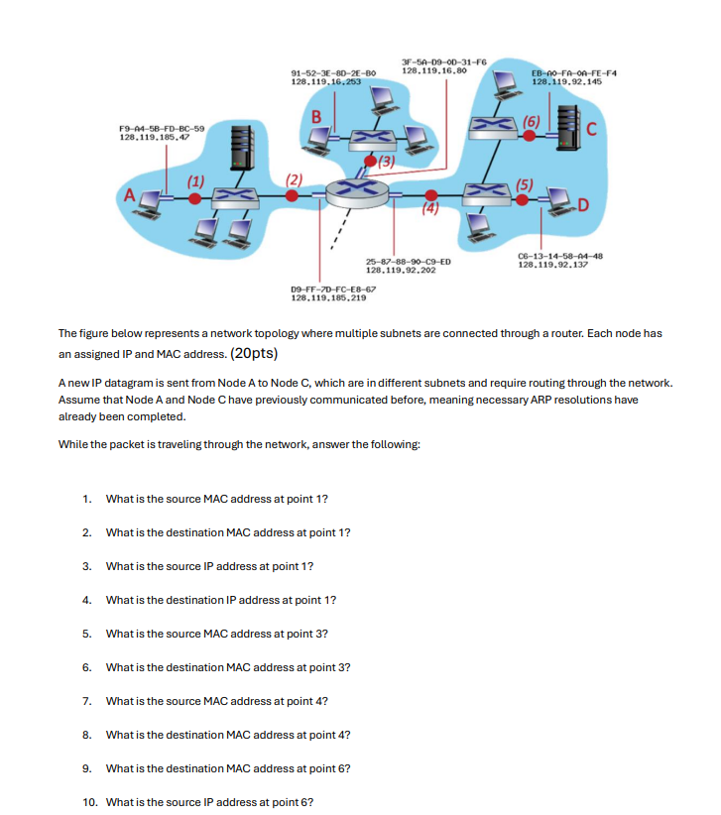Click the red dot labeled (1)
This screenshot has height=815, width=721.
[x=196, y=198]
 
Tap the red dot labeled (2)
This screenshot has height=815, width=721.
[x=292, y=196]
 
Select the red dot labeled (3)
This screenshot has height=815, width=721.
[x=371, y=161]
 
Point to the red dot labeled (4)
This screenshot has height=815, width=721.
[x=429, y=195]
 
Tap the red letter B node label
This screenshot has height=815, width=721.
[x=316, y=118]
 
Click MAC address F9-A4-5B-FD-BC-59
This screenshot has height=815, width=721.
[x=162, y=129]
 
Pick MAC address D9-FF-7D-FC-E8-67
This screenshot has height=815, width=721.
[x=327, y=289]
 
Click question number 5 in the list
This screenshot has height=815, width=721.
[x=87, y=634]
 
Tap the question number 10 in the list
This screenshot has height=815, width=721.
[x=89, y=802]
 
